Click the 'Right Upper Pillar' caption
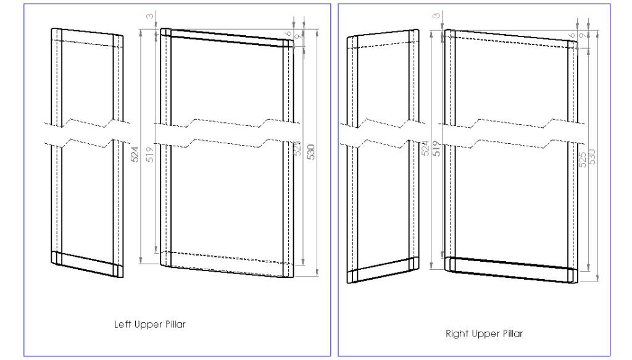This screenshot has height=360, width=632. [x=484, y=334]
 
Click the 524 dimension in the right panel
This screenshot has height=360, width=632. [x=425, y=148]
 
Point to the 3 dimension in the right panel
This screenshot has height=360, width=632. [x=436, y=15]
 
